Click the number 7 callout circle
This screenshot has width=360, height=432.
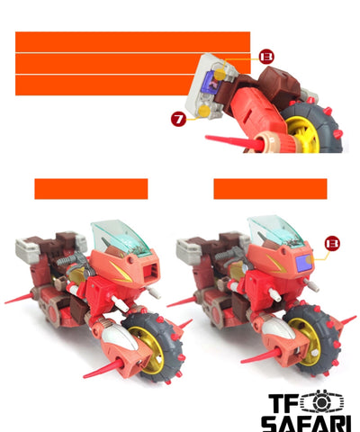(x=178, y=119)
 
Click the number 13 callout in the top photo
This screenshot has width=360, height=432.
(x=266, y=57)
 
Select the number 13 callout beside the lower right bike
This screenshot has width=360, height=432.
(x=332, y=244)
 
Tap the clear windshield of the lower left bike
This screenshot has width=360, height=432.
(x=119, y=237)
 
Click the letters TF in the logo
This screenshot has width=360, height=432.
(x=283, y=403)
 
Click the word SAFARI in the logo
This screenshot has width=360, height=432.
(x=306, y=424)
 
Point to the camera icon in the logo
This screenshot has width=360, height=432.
(x=321, y=402)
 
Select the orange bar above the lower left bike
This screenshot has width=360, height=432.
(x=91, y=189)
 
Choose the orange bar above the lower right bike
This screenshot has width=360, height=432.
(x=270, y=189)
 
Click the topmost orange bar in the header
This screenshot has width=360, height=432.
(x=132, y=41)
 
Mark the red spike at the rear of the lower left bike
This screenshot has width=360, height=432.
(x=19, y=299)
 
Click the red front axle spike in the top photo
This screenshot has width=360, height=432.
(x=234, y=141)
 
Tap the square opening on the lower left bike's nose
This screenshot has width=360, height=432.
(x=149, y=272)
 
